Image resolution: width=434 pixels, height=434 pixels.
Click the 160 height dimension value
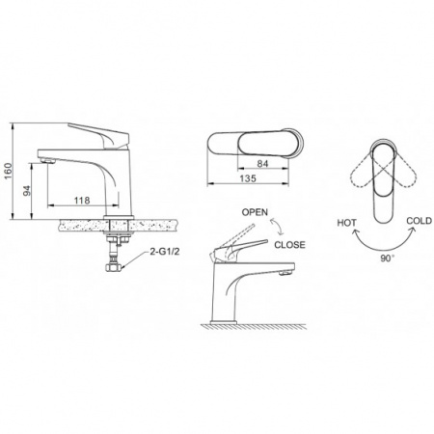[9, 172]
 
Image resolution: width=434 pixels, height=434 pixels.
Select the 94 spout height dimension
[27, 191]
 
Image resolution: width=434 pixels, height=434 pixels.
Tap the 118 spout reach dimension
[82, 201]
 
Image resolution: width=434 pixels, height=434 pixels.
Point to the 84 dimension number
[262, 164]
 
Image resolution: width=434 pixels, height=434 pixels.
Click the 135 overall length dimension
[248, 178]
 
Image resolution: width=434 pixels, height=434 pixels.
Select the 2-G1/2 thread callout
[165, 252]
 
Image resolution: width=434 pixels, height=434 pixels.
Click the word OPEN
[255, 212]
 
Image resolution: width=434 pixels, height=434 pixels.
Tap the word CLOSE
[289, 245]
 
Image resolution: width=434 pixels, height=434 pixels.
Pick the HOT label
[346, 223]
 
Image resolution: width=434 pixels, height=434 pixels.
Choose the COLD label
[420, 221]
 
